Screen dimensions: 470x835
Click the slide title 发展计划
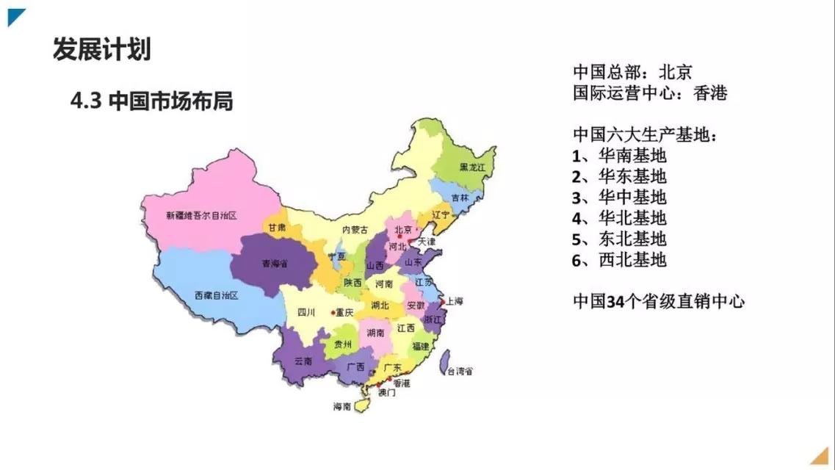pos(101,49)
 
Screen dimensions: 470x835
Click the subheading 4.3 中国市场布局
pos(151,101)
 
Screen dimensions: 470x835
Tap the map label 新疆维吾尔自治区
pos(200,215)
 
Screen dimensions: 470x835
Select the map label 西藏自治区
pos(216,295)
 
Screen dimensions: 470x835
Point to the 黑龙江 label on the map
pos(472,168)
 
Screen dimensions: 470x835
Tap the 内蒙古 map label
pos(355,230)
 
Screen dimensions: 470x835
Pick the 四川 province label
pos(306,311)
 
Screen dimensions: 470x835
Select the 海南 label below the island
pos(342,406)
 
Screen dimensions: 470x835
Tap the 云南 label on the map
pos(303,361)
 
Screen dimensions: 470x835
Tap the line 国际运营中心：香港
pos(649,93)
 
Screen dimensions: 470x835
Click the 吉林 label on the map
pos(460,198)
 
